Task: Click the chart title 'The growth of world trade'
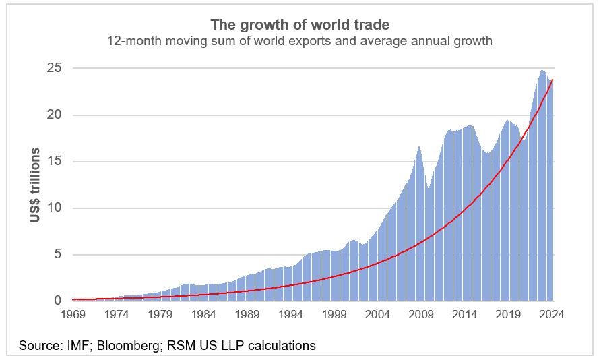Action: click(x=300, y=25)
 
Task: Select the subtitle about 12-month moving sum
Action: click(x=300, y=41)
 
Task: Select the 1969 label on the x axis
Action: click(x=73, y=314)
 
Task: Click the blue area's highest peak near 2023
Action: click(x=542, y=70)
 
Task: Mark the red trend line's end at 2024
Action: click(x=553, y=80)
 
